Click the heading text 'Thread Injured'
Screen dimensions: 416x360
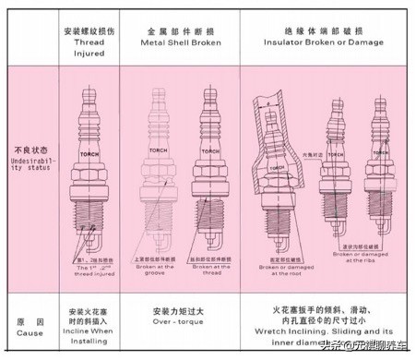tap(89, 48)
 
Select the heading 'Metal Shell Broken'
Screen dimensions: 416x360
tap(180, 42)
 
